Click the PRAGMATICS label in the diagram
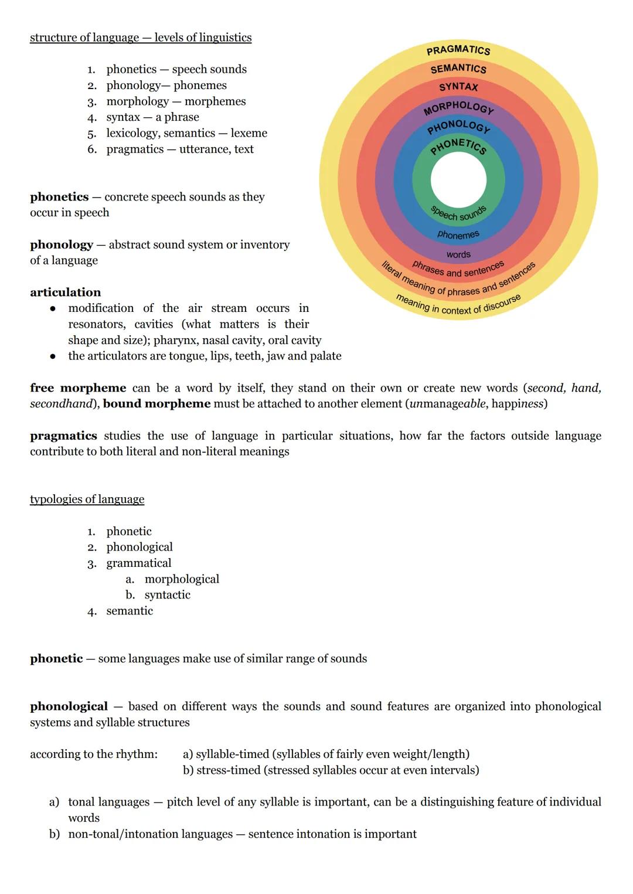pyautogui.click(x=458, y=50)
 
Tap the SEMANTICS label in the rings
pyautogui.click(x=458, y=69)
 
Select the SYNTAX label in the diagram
pyautogui.click(x=458, y=87)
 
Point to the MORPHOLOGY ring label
pyautogui.click(x=458, y=106)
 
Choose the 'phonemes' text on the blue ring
pyautogui.click(x=458, y=235)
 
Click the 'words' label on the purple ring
pyautogui.click(x=458, y=254)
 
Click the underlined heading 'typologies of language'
pyautogui.click(x=87, y=499)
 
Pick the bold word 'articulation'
pyautogui.click(x=65, y=292)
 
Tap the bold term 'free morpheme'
pyautogui.click(x=78, y=388)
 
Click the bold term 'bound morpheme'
pyautogui.click(x=156, y=404)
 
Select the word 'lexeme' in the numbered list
pyautogui.click(x=249, y=133)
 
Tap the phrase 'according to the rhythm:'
pyautogui.click(x=94, y=754)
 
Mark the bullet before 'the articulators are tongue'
pyautogui.click(x=53, y=356)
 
